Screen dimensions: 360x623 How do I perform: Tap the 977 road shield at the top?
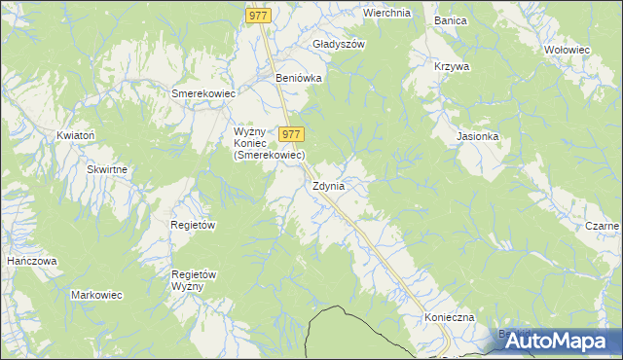point(257,15)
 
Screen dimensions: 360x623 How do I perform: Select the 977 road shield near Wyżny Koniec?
point(292,134)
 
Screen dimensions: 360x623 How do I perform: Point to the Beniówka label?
point(299,78)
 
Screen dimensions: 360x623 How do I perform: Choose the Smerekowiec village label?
point(203,93)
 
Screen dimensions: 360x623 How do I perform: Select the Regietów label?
point(193,224)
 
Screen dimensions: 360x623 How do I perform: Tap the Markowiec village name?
point(95,294)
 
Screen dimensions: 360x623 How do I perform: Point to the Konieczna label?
point(449,318)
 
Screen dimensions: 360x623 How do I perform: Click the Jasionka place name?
point(478,136)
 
